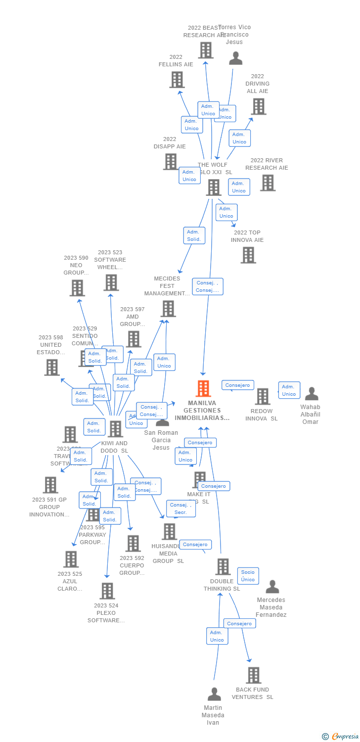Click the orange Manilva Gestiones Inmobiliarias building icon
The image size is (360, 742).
[x=203, y=389]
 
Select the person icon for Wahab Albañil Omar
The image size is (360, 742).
[x=312, y=394]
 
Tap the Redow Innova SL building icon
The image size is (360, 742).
[x=263, y=396]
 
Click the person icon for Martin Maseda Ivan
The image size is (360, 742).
[x=214, y=694]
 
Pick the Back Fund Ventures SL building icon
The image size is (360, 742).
[x=253, y=675]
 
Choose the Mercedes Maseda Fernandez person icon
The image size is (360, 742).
[x=272, y=587]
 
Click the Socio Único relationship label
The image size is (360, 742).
[x=248, y=576]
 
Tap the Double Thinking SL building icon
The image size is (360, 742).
[x=223, y=567]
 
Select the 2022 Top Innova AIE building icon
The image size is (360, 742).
[x=248, y=255]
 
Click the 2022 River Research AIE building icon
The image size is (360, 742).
[x=268, y=183]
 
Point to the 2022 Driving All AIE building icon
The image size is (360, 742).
[x=258, y=106]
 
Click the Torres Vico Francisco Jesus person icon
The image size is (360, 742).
[x=235, y=59]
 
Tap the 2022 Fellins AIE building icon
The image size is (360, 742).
[x=177, y=80]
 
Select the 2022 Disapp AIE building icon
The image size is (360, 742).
[x=170, y=162]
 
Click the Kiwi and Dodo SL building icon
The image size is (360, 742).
[x=115, y=429]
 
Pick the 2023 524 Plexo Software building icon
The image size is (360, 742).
[x=107, y=591]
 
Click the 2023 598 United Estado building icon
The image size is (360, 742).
[x=52, y=368]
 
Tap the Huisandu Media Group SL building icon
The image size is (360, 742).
[x=169, y=532]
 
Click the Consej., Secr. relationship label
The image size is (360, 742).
[x=181, y=509]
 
